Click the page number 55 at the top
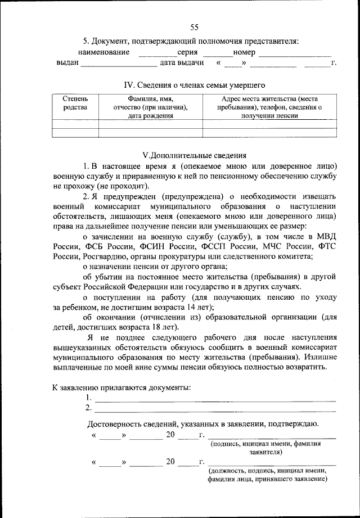tap(195, 27)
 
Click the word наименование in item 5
tap(103, 52)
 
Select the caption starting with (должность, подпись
tap(267, 475)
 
